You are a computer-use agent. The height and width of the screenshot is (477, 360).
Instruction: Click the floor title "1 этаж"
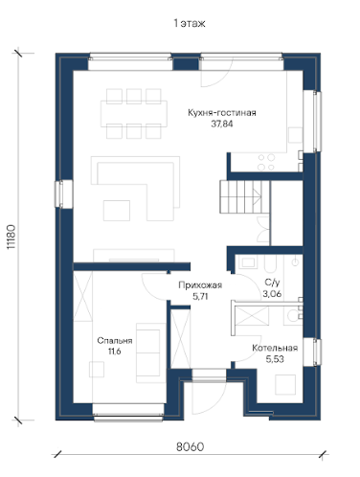190,24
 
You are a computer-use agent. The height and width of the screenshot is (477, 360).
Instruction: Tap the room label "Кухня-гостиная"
222,113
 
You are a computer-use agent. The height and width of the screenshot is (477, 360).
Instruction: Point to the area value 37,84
222,124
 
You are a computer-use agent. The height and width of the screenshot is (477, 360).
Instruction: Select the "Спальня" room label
115,341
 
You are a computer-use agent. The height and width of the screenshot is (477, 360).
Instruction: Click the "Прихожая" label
200,285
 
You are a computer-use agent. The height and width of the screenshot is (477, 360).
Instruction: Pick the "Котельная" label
275,348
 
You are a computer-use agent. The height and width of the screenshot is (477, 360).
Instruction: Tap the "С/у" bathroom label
272,283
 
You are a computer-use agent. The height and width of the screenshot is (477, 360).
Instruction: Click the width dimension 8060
190,447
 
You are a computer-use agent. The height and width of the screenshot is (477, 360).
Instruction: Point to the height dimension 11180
11,237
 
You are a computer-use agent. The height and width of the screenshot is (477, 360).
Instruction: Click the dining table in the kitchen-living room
134,114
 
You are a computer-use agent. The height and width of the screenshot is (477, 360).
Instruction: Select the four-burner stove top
266,162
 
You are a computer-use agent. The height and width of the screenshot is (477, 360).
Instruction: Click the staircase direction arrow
257,196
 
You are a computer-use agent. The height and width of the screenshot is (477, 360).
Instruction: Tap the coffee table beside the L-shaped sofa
117,211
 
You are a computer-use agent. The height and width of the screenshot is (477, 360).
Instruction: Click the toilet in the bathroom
292,315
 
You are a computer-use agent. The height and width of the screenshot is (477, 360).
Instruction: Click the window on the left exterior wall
64,194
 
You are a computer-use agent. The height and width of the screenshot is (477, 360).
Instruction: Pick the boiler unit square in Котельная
285,385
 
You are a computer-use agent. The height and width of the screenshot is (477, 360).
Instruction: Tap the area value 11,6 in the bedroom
115,352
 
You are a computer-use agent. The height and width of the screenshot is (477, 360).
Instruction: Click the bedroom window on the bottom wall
128,413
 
